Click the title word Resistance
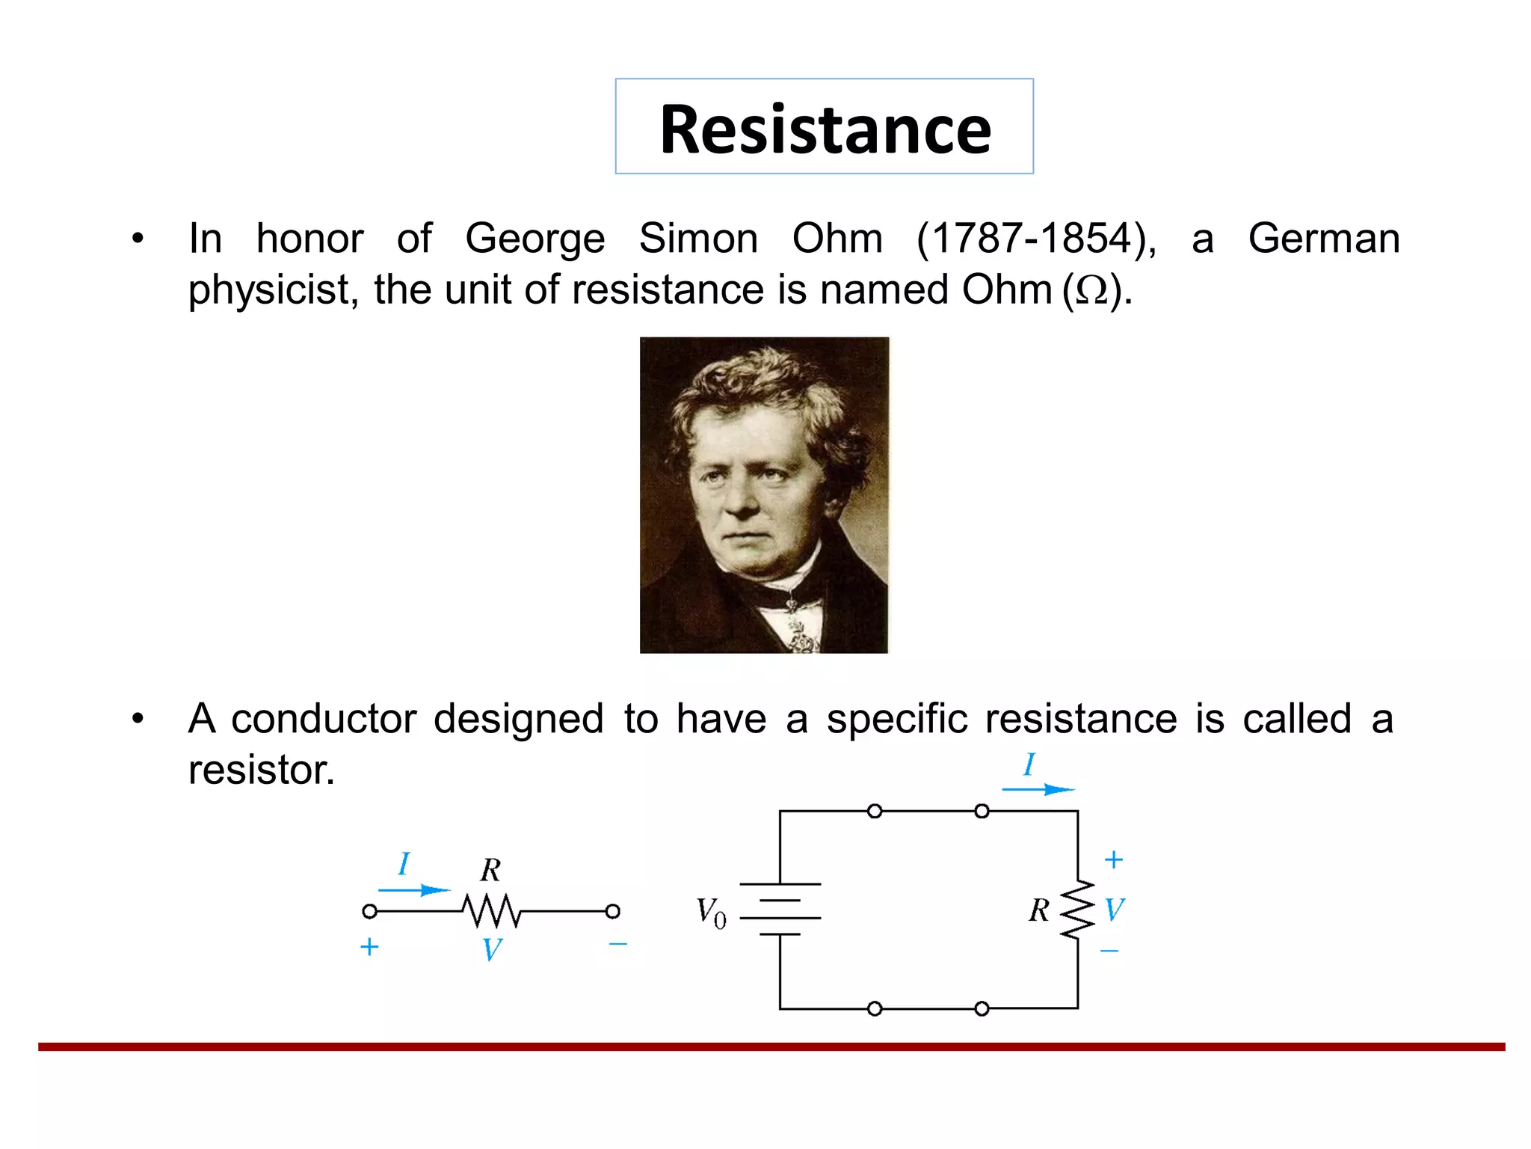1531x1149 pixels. (x=825, y=129)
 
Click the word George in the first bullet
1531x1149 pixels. (x=535, y=239)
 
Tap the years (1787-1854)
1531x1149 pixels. (x=1036, y=239)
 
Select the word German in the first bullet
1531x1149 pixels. (x=1323, y=239)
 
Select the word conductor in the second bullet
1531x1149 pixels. (x=323, y=719)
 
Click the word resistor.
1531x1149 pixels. (x=261, y=770)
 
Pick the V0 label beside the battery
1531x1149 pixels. (x=711, y=913)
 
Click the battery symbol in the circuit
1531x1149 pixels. (x=780, y=909)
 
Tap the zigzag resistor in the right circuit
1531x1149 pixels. (x=1077, y=910)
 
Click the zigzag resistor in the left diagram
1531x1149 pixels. (x=490, y=910)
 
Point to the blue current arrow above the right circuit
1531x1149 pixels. (x=1038, y=789)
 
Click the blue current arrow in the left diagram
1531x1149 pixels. (x=413, y=890)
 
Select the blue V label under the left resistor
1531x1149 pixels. (x=491, y=950)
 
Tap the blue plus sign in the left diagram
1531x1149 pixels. (x=369, y=947)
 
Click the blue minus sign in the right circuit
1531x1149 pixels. (x=1109, y=951)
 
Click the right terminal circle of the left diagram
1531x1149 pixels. (x=612, y=911)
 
